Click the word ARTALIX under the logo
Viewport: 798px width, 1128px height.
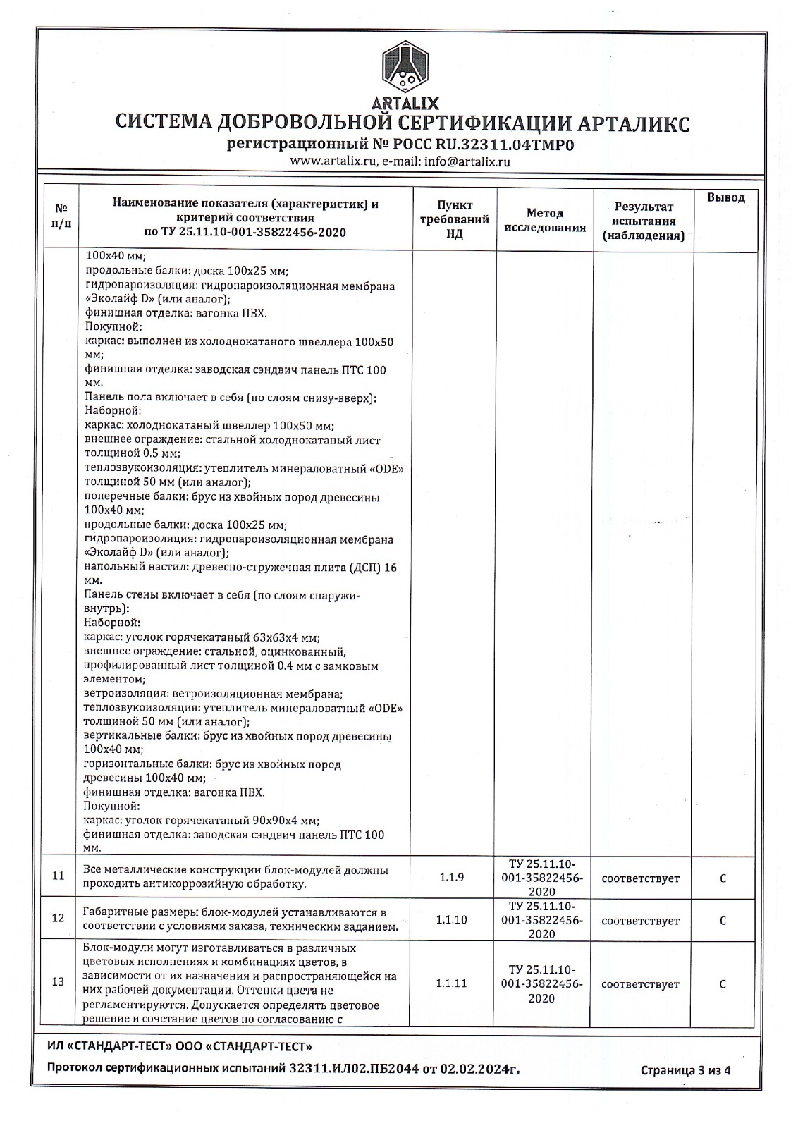[x=404, y=103]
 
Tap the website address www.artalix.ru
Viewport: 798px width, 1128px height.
[x=334, y=161]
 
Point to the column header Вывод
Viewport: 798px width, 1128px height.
[x=725, y=198]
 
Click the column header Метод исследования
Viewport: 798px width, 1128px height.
[x=545, y=220]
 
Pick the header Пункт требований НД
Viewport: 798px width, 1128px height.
[x=455, y=219]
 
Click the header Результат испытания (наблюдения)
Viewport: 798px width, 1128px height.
[x=643, y=221]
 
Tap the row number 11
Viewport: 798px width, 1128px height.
[x=59, y=876]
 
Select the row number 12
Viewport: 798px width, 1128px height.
[x=59, y=918]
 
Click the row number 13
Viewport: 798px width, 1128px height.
[x=59, y=982]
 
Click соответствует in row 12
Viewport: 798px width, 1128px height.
[x=640, y=921]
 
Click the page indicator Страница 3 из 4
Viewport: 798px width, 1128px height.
[x=685, y=1089]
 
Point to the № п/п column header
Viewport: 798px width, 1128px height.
[x=62, y=216]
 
